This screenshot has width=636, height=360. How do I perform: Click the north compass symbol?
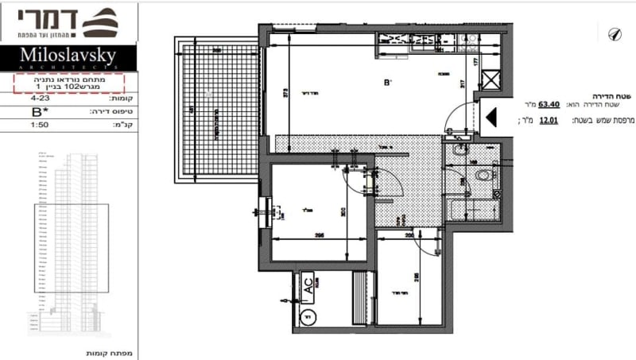pos(613,33)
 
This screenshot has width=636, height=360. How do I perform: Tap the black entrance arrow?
pos(491,118)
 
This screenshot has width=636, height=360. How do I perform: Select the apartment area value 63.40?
pos(549,104)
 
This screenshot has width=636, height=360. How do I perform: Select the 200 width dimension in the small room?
pos(409,236)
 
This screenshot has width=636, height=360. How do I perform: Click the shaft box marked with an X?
pos(491,81)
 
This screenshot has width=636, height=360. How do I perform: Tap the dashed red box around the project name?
pos(68,82)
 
